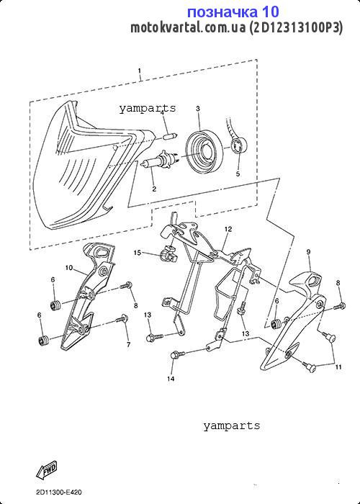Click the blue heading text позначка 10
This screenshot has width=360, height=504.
[233, 12]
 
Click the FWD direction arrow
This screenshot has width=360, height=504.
[47, 469]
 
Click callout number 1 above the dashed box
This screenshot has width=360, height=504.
[140, 71]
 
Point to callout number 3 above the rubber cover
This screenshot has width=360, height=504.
[198, 109]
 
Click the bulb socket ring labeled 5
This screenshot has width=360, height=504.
[238, 145]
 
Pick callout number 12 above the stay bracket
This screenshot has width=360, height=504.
[228, 229]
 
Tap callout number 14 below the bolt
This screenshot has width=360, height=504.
[171, 379]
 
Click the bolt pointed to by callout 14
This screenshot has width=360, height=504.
[178, 354]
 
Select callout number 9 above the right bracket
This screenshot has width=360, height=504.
[308, 252]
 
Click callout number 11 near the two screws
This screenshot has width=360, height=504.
[338, 367]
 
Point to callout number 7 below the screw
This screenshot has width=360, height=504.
[129, 345]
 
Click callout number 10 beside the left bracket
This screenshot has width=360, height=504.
[69, 267]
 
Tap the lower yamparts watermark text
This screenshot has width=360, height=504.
[231, 426]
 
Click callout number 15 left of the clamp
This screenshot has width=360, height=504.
[138, 253]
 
